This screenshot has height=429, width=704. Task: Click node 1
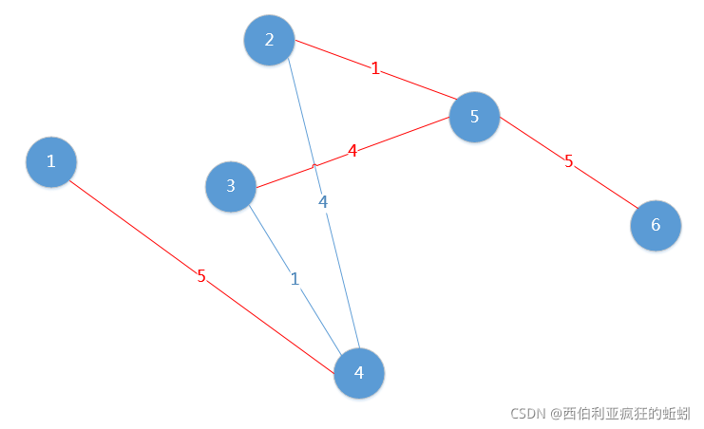point(50,161)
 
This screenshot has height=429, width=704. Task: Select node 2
point(269,40)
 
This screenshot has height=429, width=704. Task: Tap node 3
point(231,186)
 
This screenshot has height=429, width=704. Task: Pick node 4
point(359,373)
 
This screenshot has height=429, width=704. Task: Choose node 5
point(474,117)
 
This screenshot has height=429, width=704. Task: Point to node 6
point(656,226)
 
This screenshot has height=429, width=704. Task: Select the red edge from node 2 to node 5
point(418,84)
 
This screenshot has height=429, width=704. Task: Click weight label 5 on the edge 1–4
point(201,276)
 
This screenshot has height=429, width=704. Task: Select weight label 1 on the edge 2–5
point(375,68)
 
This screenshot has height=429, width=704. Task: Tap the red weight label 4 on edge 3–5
point(352,150)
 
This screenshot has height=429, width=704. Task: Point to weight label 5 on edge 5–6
point(569,161)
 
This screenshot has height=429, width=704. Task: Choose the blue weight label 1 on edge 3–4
point(295,279)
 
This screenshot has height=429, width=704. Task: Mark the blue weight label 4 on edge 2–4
point(323,201)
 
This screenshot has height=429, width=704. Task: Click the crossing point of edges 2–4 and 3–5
point(314,164)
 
